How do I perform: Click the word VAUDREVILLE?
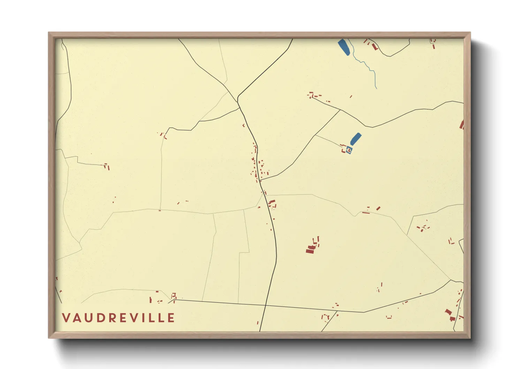pyautogui.click(x=119, y=318)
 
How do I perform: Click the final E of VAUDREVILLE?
pyautogui.click(x=171, y=318)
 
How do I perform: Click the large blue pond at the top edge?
pyautogui.click(x=344, y=47)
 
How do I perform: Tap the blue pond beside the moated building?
pyautogui.click(x=355, y=139)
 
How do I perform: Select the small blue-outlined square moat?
pyautogui.click(x=349, y=150)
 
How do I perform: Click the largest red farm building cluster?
pyautogui.click(x=311, y=248)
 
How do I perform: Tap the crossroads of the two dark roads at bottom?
pyautogui.click(x=266, y=305)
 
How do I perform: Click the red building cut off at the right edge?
pyautogui.click(x=462, y=125)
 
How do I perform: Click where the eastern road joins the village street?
pyautogui.click(x=261, y=180)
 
